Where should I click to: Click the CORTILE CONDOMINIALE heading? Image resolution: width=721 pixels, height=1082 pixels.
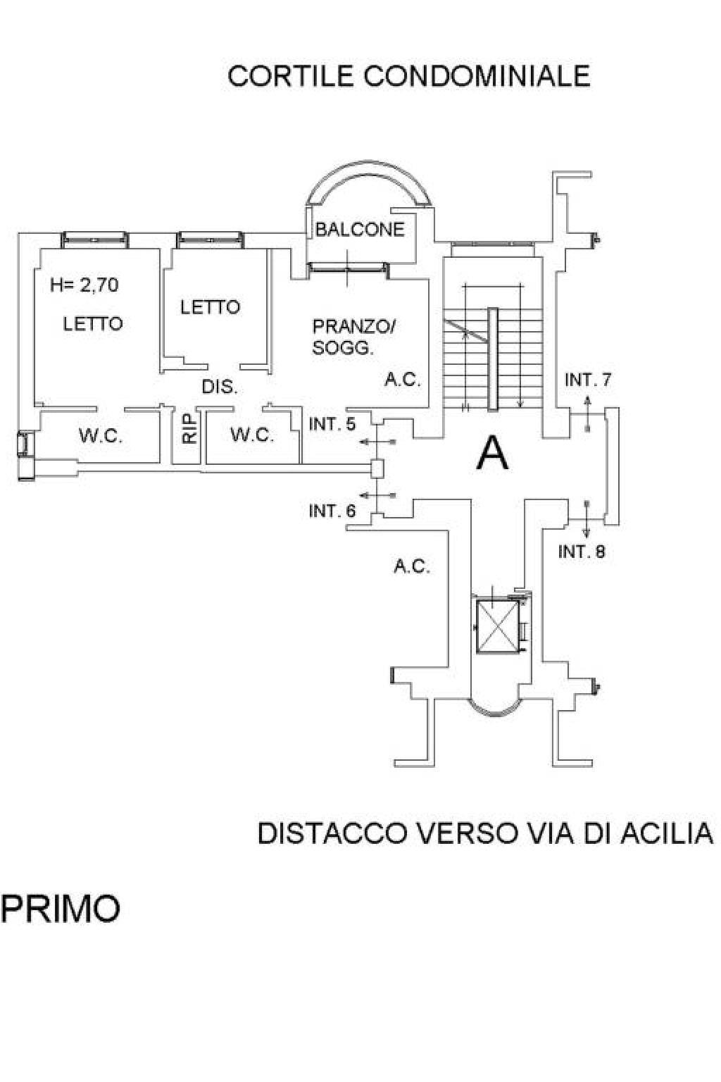pos(408,75)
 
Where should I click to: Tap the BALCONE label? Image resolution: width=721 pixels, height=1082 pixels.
pos(360,229)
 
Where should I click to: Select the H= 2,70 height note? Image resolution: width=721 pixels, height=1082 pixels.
pos(84,285)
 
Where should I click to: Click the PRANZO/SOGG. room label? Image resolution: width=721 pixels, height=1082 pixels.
pos(354,337)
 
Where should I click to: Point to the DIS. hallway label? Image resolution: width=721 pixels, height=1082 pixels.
pos(220,387)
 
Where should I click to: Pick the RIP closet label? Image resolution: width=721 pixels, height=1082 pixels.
pos(189,428)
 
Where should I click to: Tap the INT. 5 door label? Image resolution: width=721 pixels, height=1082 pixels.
pos(332,424)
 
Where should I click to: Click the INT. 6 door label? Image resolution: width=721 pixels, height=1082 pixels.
pos(332,511)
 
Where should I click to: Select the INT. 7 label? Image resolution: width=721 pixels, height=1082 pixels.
pos(589,380)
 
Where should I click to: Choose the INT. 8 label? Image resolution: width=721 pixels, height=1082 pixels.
pos(582,552)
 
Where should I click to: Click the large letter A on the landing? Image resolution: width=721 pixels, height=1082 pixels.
pos(492,453)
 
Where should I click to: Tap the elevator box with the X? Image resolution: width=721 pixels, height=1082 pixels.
pos(496,626)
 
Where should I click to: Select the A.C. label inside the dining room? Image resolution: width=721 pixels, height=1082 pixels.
pos(402,380)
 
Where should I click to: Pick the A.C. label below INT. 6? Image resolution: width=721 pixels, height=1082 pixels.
pos(412,566)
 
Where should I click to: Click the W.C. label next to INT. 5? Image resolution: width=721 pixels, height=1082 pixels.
pos(252,435)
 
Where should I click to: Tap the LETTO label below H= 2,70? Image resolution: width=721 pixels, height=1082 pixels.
pos(93,323)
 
